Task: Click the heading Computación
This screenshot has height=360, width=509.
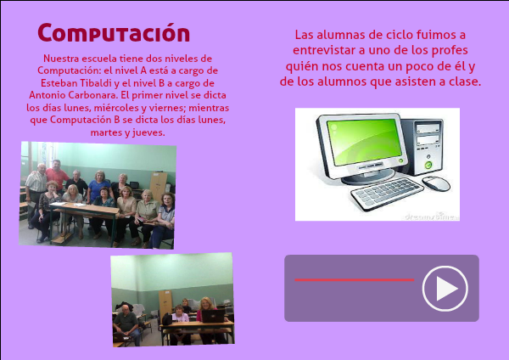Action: pyautogui.click(x=114, y=33)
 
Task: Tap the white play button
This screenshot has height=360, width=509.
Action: pyautogui.click(x=445, y=289)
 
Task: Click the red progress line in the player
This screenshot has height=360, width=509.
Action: pyautogui.click(x=355, y=279)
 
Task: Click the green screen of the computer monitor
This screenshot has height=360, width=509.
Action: pyautogui.click(x=364, y=141)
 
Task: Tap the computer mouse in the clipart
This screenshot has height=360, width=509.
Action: pyautogui.click(x=436, y=183)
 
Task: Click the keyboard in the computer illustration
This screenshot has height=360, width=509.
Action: pyautogui.click(x=387, y=194)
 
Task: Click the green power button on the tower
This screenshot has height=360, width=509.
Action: pyautogui.click(x=428, y=165)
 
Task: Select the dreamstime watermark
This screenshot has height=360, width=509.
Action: pyautogui.click(x=432, y=217)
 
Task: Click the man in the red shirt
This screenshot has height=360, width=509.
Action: pyautogui.click(x=57, y=175)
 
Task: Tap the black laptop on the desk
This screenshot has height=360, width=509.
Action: pyautogui.click(x=213, y=316)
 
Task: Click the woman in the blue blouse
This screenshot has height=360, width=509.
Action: pyautogui.click(x=98, y=186)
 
